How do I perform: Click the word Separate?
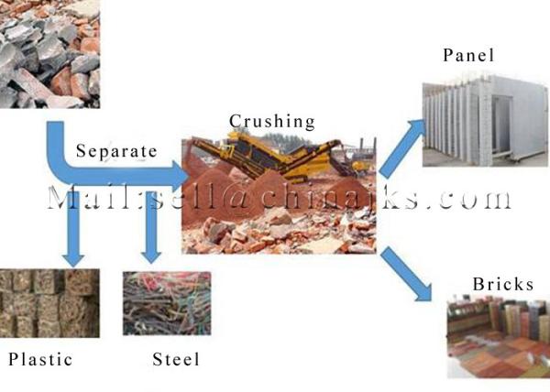pos(116,151)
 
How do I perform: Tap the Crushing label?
pos(272,122)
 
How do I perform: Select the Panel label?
pos(468,55)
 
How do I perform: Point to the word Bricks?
pos(503,284)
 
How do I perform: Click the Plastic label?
pos(40,359)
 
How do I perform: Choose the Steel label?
pos(176,359)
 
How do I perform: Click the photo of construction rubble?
pos(49,54)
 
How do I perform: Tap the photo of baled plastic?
pos(49,303)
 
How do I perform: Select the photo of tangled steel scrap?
pos(167,303)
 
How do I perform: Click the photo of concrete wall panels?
pos(486,120)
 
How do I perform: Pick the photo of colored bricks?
pos(499,337)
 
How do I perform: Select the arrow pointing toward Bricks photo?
pos(406,274)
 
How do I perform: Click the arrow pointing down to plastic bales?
pos(73,228)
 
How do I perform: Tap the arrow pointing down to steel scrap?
pos(151,225)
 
